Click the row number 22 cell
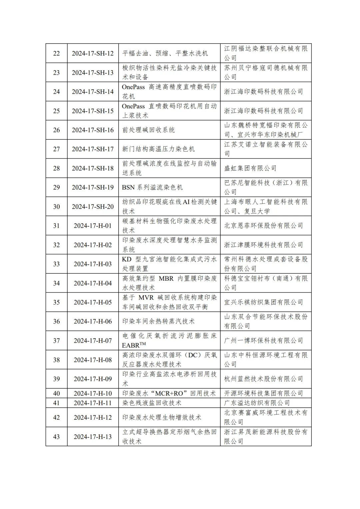(56, 53)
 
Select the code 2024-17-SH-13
(93, 73)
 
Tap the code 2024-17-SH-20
(93, 207)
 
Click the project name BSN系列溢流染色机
(152, 187)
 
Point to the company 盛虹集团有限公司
(250, 168)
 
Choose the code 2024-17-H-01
(93, 226)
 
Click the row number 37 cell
(56, 341)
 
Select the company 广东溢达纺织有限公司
(257, 403)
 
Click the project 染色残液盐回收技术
(152, 403)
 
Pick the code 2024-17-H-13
(93, 437)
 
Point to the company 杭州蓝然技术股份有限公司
(263, 379)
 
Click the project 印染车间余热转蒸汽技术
(158, 321)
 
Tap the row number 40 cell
(56, 393)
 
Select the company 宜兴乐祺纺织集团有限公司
(263, 302)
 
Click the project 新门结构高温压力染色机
(158, 149)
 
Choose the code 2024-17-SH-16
(93, 130)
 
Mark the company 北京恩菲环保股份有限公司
(263, 226)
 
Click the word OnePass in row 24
(133, 87)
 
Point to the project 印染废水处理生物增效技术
(162, 417)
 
